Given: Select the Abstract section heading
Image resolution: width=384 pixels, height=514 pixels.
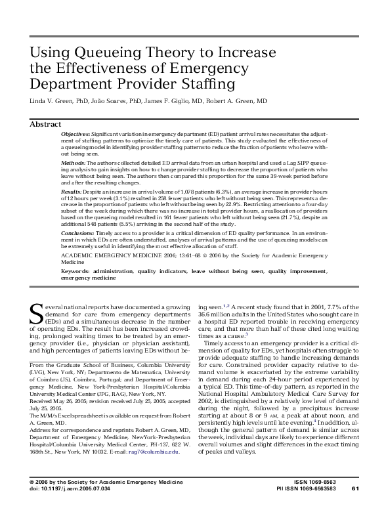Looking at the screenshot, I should [46, 124].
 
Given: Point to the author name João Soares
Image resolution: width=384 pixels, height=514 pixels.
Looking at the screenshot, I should [110, 102].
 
